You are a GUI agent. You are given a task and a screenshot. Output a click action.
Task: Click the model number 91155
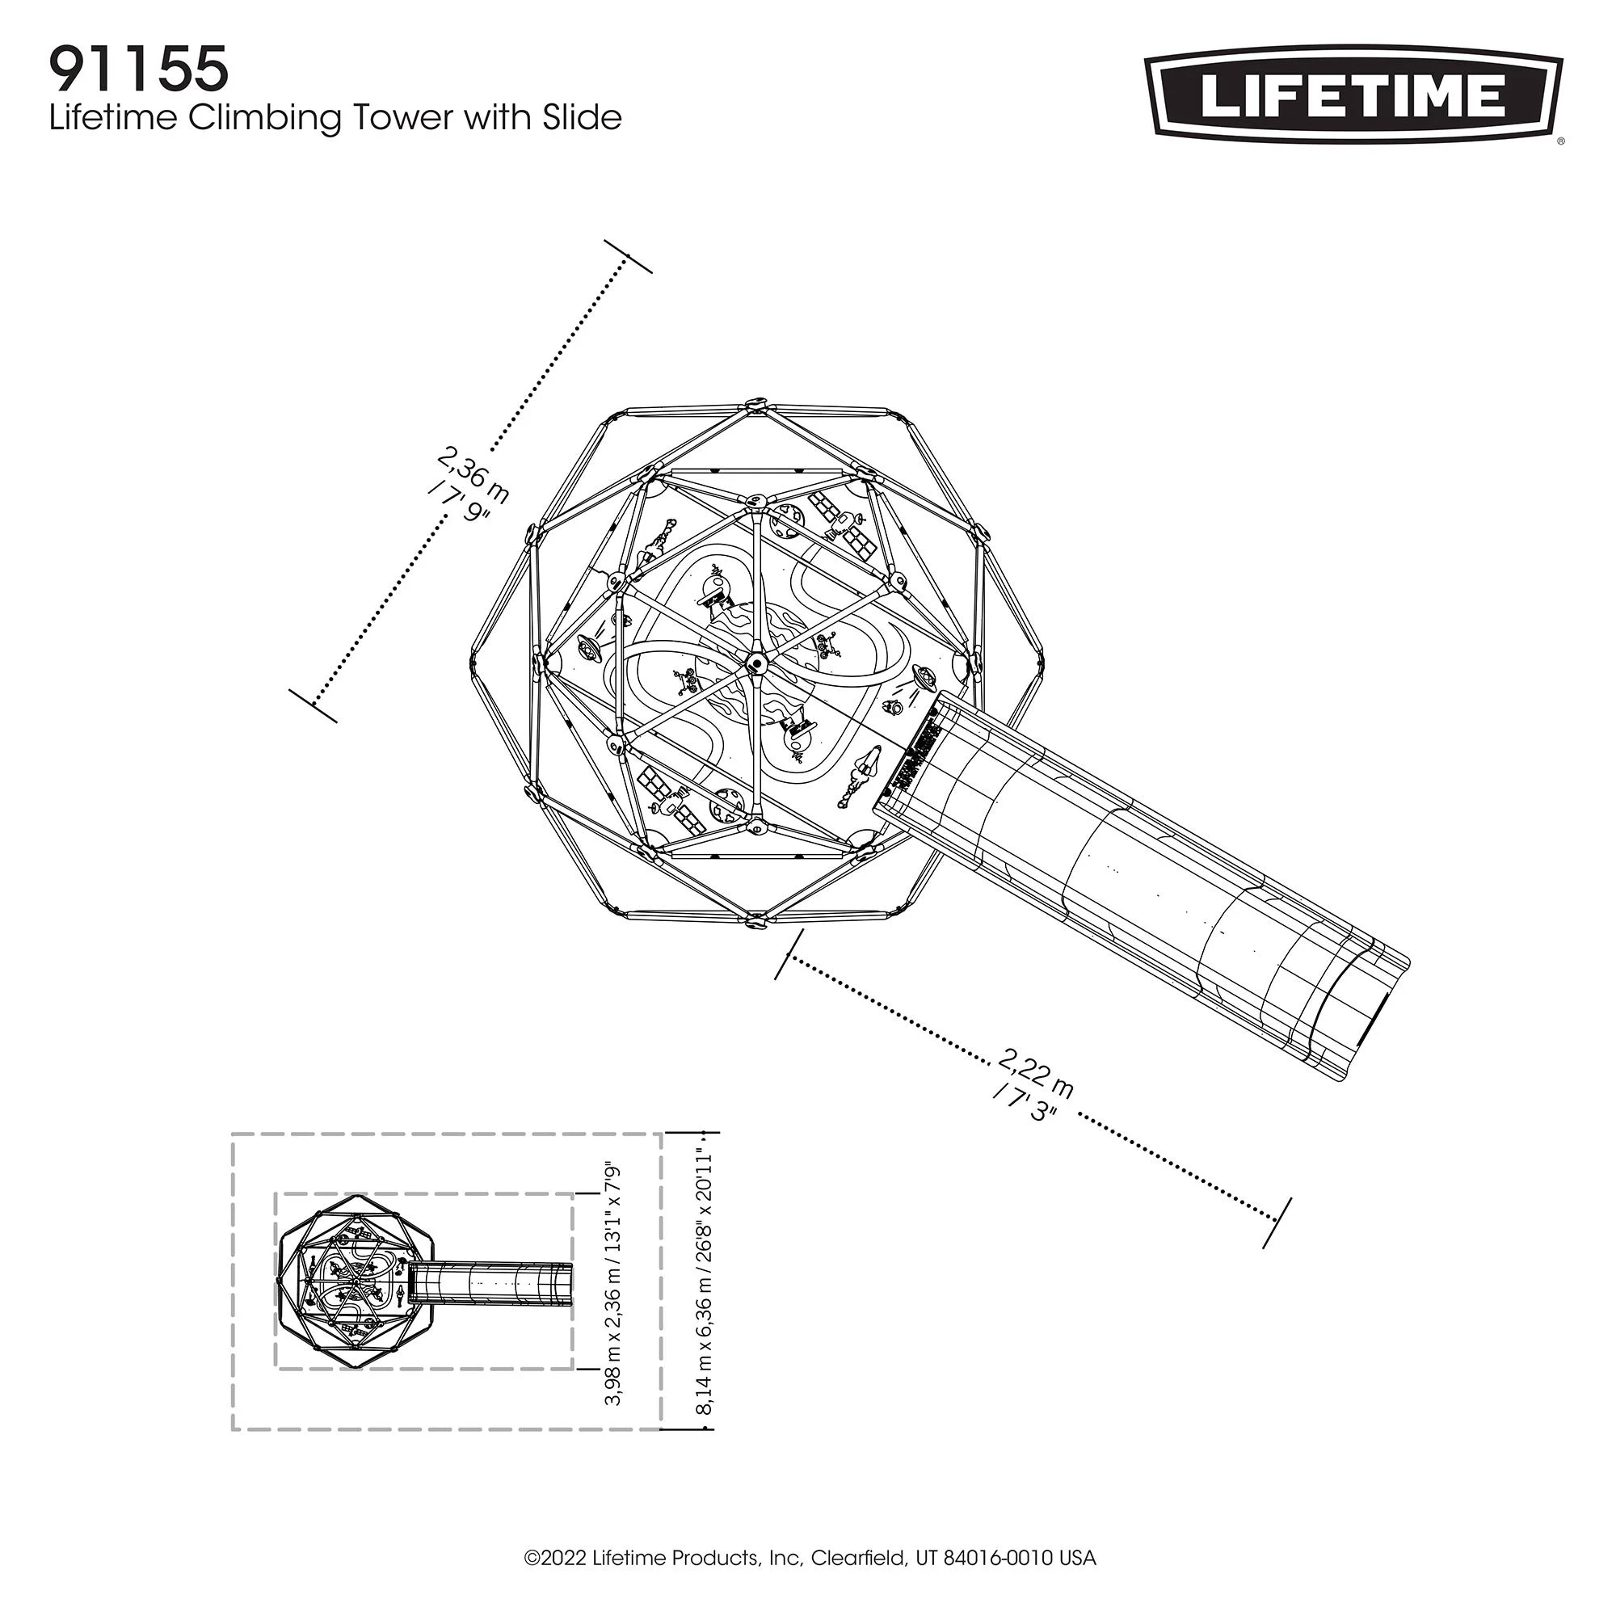point(139,69)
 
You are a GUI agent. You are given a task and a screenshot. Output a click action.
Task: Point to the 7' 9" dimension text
point(458,503)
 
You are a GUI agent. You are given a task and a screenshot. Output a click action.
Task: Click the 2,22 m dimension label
point(1037,1073)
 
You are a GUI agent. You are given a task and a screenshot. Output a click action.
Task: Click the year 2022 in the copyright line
point(564,1559)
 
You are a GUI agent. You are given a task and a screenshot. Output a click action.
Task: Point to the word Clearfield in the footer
point(859,1559)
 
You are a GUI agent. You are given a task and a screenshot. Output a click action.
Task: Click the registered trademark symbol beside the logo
point(1560,142)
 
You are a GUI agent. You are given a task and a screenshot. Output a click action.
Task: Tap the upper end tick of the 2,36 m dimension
point(628,256)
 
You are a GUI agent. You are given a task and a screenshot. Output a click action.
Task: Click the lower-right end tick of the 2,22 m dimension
point(1277,1223)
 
